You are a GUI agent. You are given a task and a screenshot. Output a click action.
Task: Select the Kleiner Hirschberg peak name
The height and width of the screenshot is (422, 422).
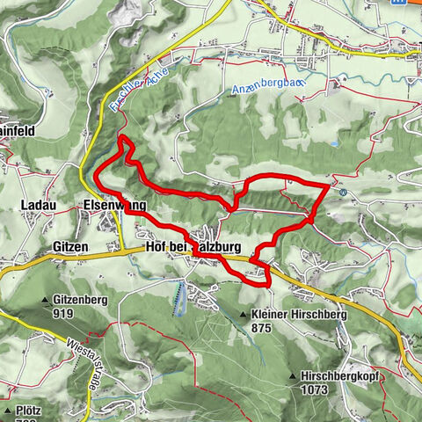click(x=300, y=314)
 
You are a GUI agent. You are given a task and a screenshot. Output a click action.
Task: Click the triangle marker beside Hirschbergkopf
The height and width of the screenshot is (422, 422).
click(x=293, y=376)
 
